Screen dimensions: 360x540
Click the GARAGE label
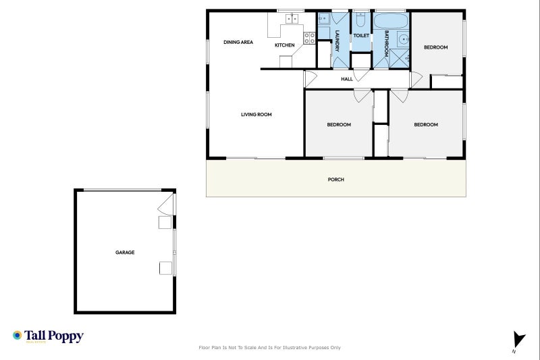click(125, 253)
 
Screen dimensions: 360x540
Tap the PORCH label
click(335, 180)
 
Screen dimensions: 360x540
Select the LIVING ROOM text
click(256, 115)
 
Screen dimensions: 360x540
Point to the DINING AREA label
click(238, 43)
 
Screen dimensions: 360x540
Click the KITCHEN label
click(284, 45)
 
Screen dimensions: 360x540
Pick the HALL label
click(347, 79)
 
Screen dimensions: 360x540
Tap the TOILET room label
click(361, 36)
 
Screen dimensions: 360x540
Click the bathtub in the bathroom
click(389, 20)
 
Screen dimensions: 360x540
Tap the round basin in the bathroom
click(403, 38)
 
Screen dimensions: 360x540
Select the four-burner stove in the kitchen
click(309, 38)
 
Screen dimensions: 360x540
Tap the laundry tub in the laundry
click(323, 19)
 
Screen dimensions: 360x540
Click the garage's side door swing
click(166, 205)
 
